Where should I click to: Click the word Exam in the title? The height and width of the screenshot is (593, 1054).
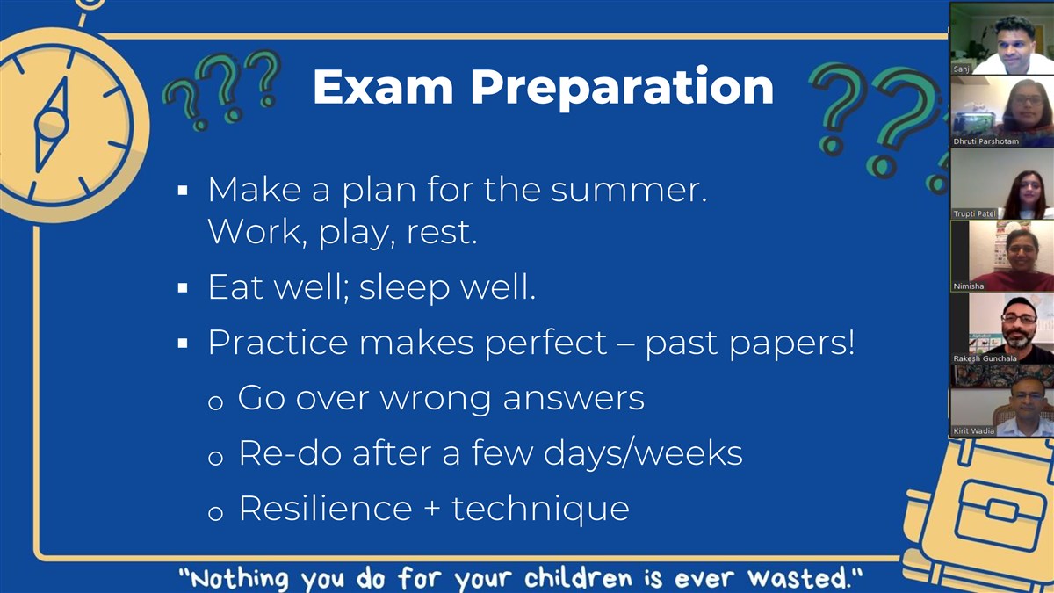(x=383, y=87)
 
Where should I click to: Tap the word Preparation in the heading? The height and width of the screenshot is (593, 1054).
(x=622, y=89)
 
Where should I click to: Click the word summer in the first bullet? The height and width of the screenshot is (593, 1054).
(x=629, y=190)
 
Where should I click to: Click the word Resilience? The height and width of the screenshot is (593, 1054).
(x=326, y=509)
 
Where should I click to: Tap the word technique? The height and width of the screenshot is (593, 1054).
(x=540, y=510)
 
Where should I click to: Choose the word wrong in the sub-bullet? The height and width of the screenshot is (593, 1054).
(x=436, y=400)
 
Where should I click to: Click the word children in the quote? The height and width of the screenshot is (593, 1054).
(x=578, y=577)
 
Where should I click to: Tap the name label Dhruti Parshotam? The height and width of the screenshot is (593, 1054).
(x=985, y=141)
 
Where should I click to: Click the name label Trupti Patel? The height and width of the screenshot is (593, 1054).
(x=974, y=213)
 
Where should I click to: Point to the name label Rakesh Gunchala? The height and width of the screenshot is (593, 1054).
(x=985, y=358)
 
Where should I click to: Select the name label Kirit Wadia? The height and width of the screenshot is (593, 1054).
(x=973, y=430)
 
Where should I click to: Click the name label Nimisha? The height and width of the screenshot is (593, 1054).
(x=968, y=286)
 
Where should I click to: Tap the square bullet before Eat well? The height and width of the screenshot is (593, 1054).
(x=183, y=288)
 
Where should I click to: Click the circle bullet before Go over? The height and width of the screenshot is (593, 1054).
(x=215, y=402)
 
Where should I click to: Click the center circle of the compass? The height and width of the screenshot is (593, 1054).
(x=51, y=124)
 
